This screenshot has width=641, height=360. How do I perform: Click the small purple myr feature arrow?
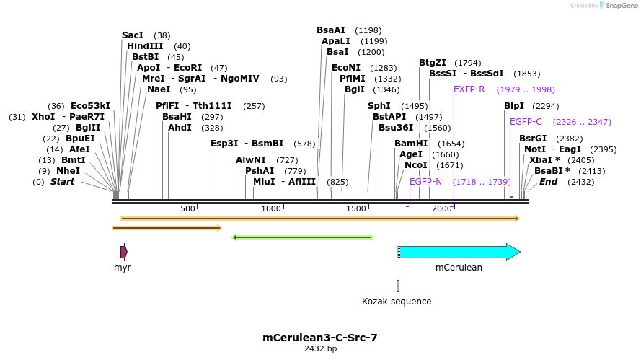124,252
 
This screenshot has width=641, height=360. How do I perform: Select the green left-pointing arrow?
302,237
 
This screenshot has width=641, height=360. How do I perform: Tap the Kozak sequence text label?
397,302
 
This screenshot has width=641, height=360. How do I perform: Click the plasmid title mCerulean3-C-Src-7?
320,337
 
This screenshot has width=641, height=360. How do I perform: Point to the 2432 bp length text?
320,349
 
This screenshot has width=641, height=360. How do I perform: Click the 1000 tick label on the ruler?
271,208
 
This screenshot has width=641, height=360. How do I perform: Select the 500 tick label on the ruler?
187,208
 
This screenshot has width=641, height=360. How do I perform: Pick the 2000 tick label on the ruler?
441,208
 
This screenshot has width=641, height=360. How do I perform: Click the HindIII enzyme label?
145,46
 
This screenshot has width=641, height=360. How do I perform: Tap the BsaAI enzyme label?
331,30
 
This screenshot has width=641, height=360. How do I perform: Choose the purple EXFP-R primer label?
469,89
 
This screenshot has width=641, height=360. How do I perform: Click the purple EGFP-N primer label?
425,182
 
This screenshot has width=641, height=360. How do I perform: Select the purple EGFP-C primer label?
526,122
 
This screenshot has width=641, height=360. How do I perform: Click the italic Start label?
62,182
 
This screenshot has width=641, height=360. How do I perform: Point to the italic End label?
548,182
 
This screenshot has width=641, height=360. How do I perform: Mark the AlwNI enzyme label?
251,160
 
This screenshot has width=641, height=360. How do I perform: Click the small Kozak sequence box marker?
397,286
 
